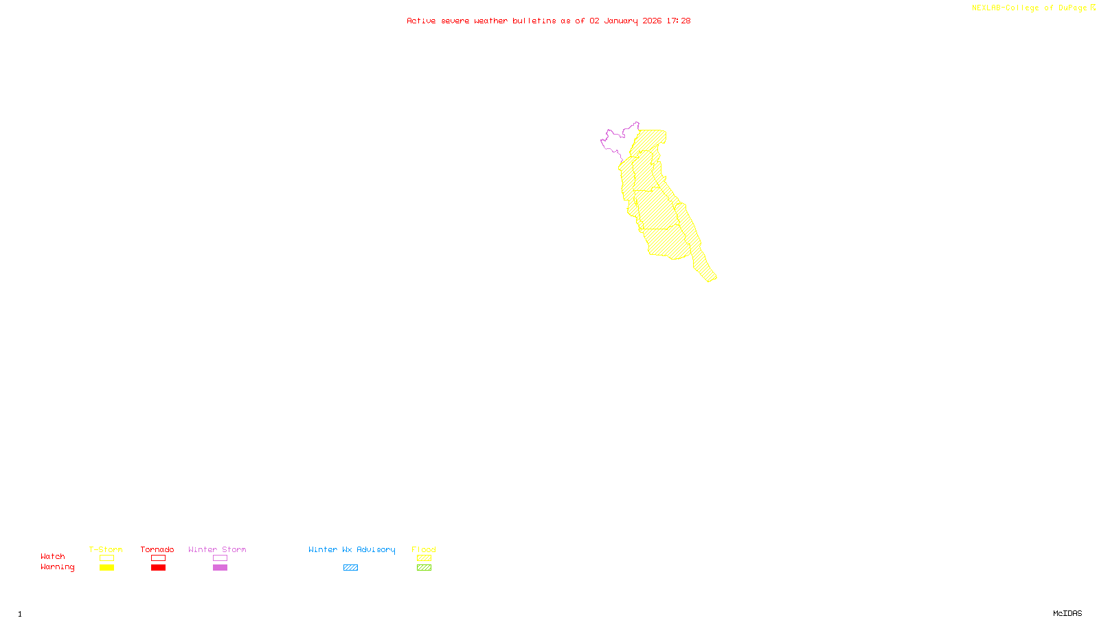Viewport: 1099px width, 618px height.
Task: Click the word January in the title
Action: tap(620, 21)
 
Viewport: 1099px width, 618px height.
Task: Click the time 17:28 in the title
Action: tap(678, 21)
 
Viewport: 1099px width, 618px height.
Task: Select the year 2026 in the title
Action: tap(653, 21)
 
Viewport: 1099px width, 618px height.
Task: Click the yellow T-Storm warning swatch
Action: tap(106, 568)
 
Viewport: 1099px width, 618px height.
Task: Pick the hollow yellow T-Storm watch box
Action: tap(106, 558)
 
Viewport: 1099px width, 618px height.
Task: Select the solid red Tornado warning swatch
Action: tap(158, 568)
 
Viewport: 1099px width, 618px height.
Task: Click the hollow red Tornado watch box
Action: tap(158, 558)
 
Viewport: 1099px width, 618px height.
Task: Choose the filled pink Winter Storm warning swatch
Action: tap(220, 568)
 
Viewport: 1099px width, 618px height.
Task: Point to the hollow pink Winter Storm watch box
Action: tap(220, 558)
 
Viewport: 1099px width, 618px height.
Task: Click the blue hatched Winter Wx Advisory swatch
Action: tap(350, 568)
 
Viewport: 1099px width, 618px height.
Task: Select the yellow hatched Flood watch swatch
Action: tap(424, 558)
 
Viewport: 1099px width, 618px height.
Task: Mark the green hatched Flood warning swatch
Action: tap(424, 568)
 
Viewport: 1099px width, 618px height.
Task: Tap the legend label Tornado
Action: tap(157, 549)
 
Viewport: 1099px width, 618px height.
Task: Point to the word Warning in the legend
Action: tap(57, 567)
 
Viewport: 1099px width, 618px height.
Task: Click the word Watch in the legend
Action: tap(52, 556)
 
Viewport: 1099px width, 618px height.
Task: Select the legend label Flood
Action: tap(424, 549)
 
